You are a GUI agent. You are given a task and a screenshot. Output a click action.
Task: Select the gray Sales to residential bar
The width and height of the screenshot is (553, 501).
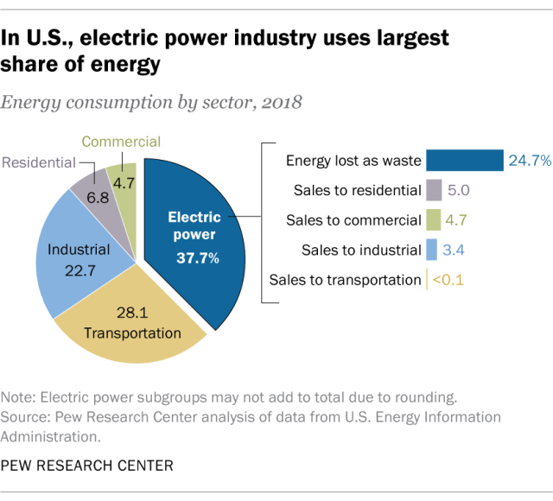[435, 191]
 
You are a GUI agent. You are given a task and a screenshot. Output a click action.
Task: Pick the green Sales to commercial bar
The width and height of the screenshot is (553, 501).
[434, 220]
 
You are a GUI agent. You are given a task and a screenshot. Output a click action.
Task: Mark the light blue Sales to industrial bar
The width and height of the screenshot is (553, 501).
[431, 250]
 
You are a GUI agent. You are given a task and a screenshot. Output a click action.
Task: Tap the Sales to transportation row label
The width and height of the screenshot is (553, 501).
[345, 279]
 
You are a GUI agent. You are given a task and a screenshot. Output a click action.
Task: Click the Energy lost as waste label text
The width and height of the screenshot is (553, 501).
[353, 161]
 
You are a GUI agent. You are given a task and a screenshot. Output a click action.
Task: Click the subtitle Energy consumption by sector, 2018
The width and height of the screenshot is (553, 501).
[151, 102]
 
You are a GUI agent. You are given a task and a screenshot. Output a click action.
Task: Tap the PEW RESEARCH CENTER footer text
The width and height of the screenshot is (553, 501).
[87, 466]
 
